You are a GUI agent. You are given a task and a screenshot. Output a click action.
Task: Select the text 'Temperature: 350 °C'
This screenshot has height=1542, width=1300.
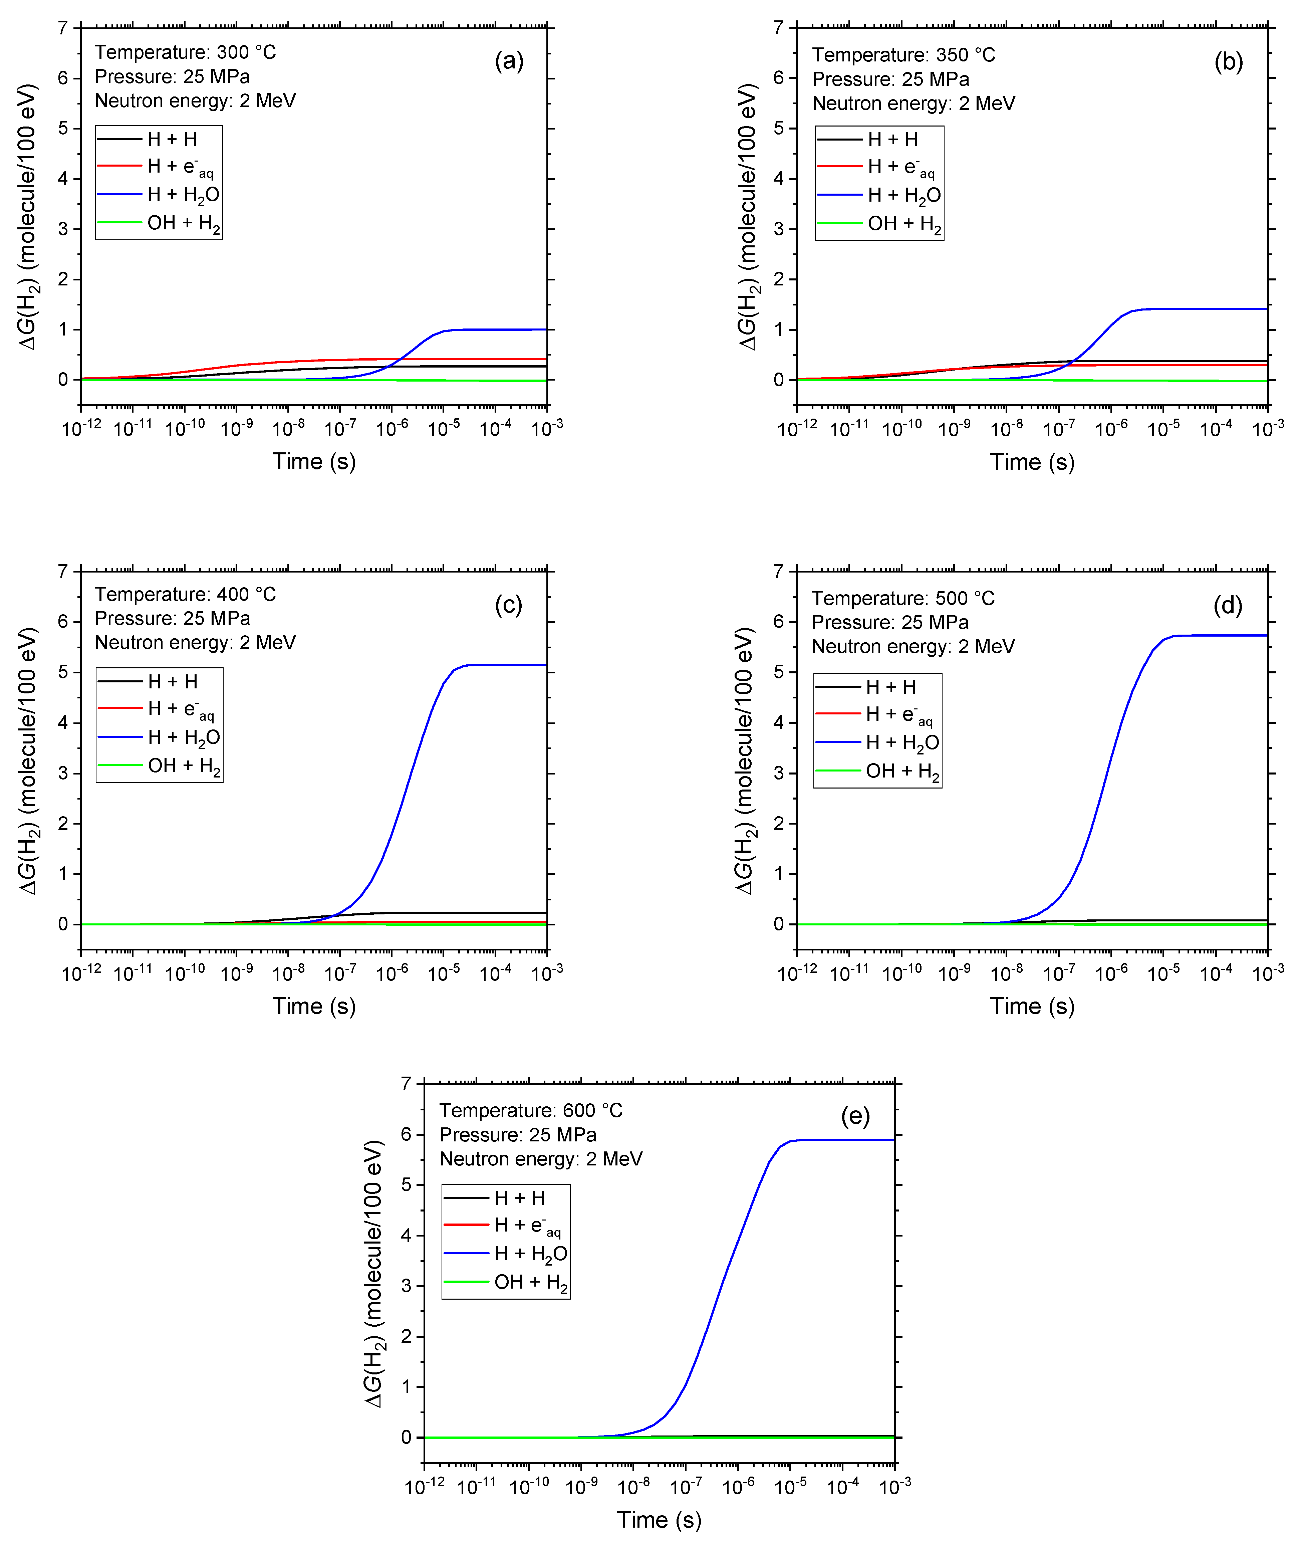903,55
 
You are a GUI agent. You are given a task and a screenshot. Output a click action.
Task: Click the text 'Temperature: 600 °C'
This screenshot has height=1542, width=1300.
531,1111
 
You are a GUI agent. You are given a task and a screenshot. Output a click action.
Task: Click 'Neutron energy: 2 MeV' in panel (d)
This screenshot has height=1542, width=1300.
913,646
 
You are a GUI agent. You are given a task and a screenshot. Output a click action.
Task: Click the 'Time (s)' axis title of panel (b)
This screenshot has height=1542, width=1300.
1032,462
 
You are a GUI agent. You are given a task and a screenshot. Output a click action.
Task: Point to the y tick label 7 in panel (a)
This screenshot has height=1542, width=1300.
63,28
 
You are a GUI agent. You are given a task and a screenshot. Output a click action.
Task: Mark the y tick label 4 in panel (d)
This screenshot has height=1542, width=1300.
779,722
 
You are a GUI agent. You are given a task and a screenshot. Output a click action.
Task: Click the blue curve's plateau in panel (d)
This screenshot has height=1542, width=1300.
1216,635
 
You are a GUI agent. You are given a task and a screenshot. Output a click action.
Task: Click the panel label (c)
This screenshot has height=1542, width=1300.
509,605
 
